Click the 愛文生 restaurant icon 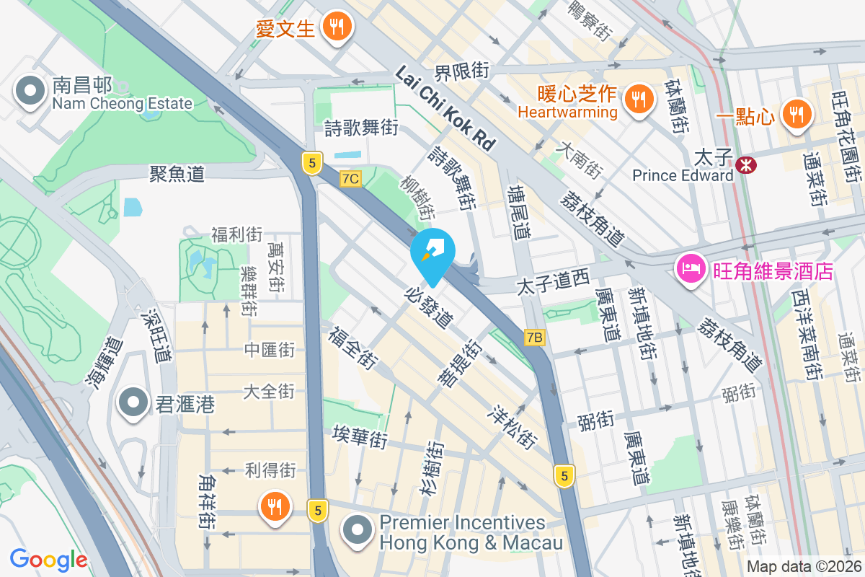pyautogui.click(x=335, y=27)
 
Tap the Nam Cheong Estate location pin pyautogui.click(x=30, y=91)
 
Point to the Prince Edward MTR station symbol pyautogui.click(x=746, y=165)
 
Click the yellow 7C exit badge pyautogui.click(x=351, y=178)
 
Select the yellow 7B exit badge pyautogui.click(x=534, y=337)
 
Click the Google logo pyautogui.click(x=48, y=559)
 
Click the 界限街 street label pyautogui.click(x=461, y=71)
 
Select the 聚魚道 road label pyautogui.click(x=177, y=173)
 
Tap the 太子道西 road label pyautogui.click(x=553, y=286)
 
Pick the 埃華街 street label pyautogui.click(x=360, y=436)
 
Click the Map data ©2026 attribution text pyautogui.click(x=804, y=567)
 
